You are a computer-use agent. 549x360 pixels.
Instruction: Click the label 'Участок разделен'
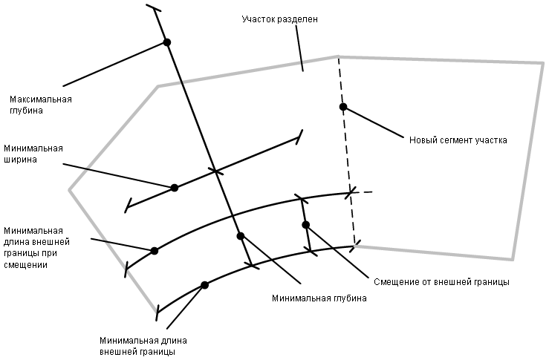click(x=281, y=19)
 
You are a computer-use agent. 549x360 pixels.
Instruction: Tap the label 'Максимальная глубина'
click(x=40, y=105)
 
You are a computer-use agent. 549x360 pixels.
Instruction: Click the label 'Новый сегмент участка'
click(x=458, y=140)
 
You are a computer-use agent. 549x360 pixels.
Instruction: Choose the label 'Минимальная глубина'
click(x=319, y=298)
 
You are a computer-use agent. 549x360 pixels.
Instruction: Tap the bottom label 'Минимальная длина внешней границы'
click(x=137, y=345)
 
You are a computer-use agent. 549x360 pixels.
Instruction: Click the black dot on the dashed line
click(x=343, y=107)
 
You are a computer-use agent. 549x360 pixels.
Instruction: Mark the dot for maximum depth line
click(x=167, y=42)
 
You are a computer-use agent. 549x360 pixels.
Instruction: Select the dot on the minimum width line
click(x=175, y=188)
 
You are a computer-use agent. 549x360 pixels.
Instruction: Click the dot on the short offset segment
click(x=305, y=224)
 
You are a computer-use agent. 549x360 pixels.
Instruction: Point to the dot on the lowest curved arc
click(x=205, y=285)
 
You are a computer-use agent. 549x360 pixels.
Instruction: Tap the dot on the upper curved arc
click(x=155, y=251)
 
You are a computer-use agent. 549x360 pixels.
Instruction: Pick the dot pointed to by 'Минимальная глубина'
click(x=241, y=236)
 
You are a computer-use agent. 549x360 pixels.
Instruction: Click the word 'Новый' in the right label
click(x=423, y=140)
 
